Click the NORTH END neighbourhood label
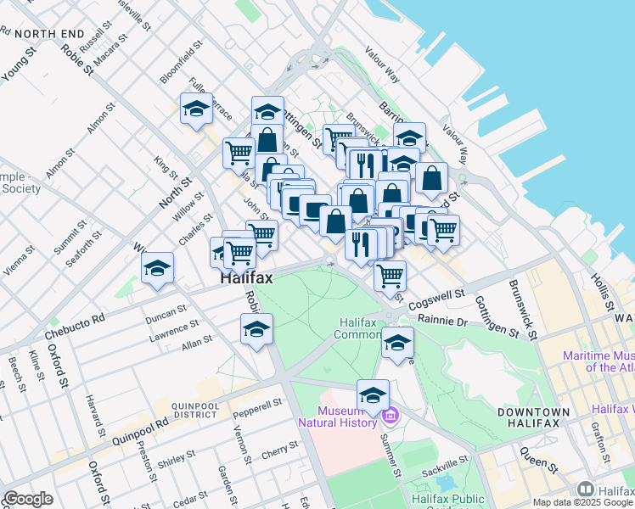(x=49, y=34)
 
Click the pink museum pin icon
(x=390, y=416)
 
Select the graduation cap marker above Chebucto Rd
(x=157, y=269)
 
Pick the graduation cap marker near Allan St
(x=256, y=329)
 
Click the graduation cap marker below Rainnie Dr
(x=396, y=342)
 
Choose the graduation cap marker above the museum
(x=373, y=395)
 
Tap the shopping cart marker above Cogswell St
(x=390, y=275)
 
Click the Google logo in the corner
(x=28, y=499)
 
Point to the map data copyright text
(x=576, y=502)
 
